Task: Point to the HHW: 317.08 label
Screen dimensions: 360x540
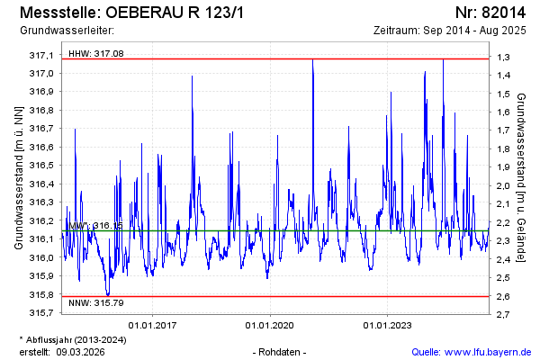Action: (x=95, y=54)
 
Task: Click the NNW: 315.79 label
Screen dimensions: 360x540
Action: (x=95, y=304)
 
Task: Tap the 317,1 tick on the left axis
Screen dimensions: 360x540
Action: (x=42, y=55)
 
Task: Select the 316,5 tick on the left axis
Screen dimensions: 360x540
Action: (x=42, y=165)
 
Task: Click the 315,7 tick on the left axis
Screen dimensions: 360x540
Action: (x=42, y=312)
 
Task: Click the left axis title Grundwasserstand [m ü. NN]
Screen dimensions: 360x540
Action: (x=19, y=177)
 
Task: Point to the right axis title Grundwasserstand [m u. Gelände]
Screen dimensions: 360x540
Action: (x=521, y=177)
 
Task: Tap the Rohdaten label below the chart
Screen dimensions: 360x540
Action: (x=281, y=351)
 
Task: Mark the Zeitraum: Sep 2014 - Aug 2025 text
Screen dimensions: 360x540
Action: (x=448, y=31)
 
